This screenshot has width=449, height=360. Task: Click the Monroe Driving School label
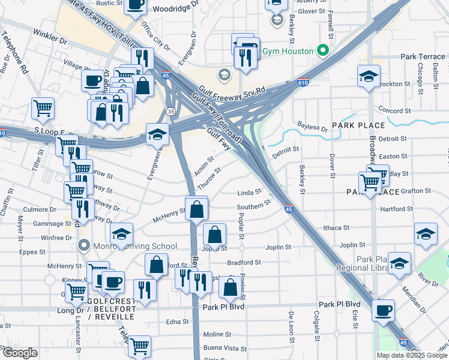click(134, 246)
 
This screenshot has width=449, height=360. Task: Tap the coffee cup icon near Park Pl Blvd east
click(384, 310)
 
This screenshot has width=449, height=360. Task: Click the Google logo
click(20, 353)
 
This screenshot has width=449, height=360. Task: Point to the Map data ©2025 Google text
click(412, 355)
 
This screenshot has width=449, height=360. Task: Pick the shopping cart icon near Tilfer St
click(43, 108)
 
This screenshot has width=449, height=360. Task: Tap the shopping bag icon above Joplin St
click(215, 234)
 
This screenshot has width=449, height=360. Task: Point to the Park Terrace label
click(423, 56)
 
